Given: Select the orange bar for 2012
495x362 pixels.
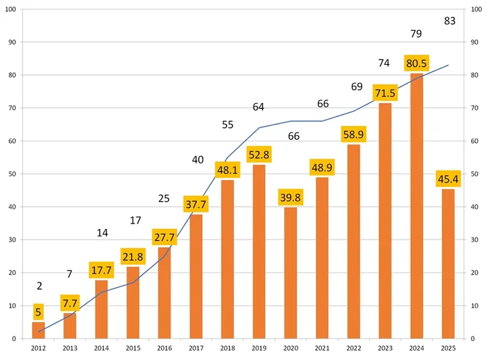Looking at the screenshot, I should point(39,331).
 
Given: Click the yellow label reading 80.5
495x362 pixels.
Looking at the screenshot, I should point(416,64).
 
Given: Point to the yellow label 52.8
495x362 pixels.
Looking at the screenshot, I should point(259,155).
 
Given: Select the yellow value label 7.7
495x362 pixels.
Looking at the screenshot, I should point(70,304).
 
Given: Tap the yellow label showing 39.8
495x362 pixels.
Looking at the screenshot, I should point(290,198).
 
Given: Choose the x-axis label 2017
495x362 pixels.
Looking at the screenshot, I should point(196,348).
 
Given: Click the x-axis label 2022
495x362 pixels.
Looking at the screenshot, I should point(353,348).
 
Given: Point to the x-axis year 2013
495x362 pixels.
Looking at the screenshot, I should point(70,348).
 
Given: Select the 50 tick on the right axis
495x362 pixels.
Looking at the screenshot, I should point(476,174).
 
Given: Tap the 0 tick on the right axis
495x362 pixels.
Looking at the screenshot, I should point(474,339).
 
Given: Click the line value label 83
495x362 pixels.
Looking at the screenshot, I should point(450,21).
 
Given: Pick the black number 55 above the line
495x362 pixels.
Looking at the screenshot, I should point(227,124).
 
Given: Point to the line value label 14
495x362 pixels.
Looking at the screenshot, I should point(102,233).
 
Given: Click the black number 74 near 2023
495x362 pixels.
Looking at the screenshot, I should point(384,63).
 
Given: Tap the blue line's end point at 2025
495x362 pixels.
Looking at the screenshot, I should point(448,65).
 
